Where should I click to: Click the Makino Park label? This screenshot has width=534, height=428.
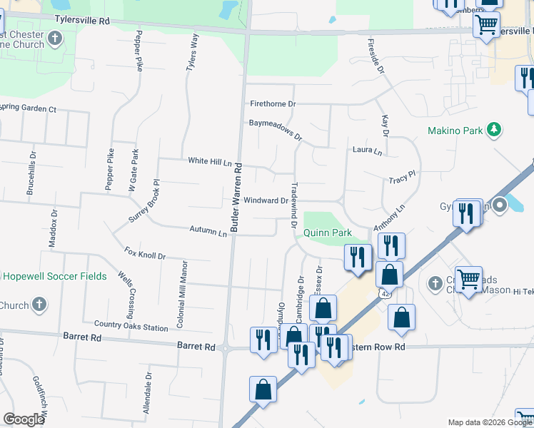tap(455, 131)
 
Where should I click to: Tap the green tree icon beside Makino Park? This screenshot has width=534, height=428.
tap(493, 129)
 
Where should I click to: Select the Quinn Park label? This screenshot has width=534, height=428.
tap(328, 233)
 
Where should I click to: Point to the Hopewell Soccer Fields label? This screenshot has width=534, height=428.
tap(54, 276)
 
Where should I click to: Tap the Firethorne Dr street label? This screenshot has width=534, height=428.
tap(273, 104)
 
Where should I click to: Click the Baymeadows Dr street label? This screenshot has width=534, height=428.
tap(276, 129)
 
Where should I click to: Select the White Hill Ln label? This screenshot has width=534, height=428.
tap(211, 161)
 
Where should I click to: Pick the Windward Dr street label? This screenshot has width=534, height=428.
tap(266, 201)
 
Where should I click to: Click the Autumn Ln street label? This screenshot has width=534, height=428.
tap(208, 230)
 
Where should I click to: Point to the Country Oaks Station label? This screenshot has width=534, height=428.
tap(131, 326)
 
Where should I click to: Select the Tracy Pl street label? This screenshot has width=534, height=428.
tap(402, 182)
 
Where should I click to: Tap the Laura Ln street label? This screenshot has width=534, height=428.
tap(367, 151)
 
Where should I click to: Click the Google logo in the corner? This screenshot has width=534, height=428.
tap(23, 419)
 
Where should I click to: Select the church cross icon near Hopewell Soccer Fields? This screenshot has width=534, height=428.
tap(39, 306)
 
